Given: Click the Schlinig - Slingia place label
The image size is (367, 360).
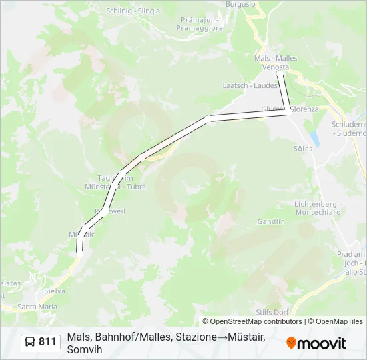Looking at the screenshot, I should [133, 11].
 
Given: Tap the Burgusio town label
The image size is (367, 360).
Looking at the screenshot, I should [240, 4].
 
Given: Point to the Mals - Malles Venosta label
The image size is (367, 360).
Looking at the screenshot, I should [276, 63].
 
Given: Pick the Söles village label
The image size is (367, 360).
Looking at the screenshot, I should [302, 149].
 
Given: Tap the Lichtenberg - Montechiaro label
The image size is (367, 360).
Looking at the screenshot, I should [318, 207].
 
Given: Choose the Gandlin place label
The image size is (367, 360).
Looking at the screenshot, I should [271, 221].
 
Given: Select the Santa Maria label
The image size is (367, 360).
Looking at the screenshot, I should [37, 307].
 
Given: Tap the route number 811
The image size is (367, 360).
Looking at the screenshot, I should [47, 342].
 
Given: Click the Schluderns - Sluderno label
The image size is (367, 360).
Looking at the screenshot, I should [350, 129].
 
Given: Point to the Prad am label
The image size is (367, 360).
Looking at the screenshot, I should [352, 254].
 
